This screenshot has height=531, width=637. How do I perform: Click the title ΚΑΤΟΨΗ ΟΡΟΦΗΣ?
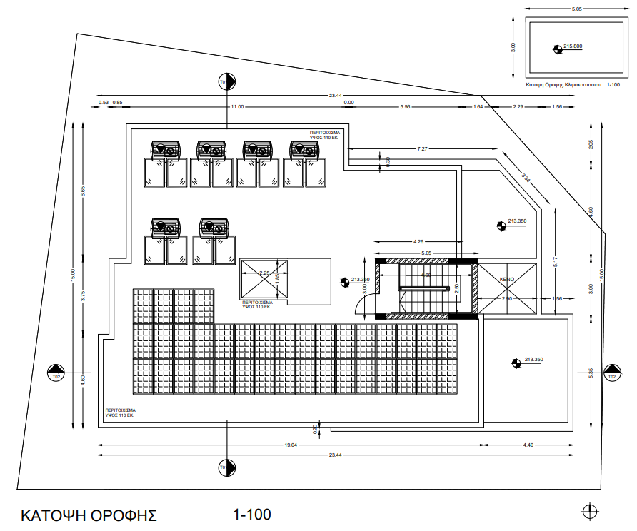pos(89,515)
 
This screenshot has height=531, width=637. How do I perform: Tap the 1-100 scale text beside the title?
pos(251,514)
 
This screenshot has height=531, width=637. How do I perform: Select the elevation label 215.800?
pos(573,46)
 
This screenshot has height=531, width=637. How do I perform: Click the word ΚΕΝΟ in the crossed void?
pos(507,279)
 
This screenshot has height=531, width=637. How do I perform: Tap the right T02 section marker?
pos(611,373)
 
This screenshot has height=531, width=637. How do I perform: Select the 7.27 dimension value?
pos(423,148)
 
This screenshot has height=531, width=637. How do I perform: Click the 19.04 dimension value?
pos(290,445)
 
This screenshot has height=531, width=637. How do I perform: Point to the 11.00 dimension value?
pos(237,106)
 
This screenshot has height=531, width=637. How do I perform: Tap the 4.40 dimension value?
pos(528,445)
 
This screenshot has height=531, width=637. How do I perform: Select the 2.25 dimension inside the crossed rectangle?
pos(264,273)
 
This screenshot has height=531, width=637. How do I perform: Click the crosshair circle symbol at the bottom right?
pos(589,511)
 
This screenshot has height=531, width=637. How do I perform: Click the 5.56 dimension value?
pos(406,106)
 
